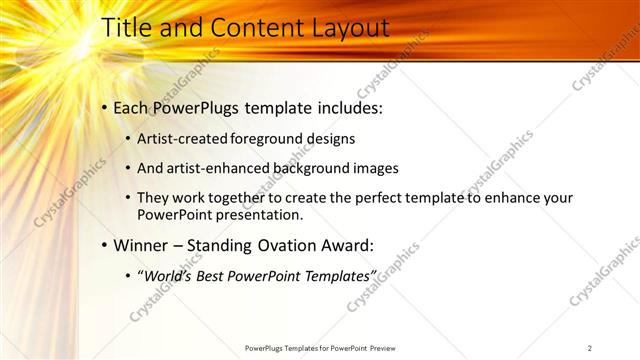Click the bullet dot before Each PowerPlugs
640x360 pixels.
[104, 107]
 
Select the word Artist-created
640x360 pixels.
[180, 139]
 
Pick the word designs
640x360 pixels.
[330, 139]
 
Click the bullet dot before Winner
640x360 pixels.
[104, 244]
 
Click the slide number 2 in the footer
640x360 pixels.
[590, 348]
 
